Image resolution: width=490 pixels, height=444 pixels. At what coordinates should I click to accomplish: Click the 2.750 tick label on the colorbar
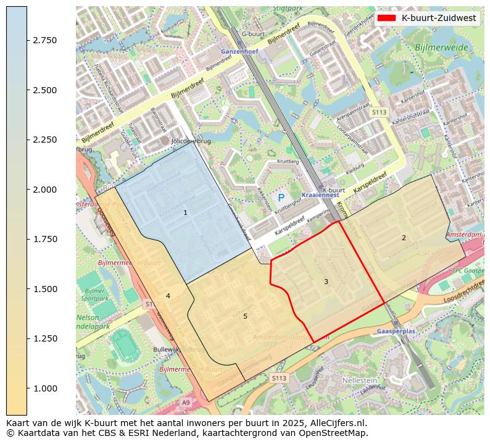45,40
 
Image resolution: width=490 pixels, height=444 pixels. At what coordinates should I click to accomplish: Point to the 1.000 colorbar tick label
45,388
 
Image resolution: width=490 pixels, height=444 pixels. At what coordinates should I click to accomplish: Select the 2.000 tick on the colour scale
45,190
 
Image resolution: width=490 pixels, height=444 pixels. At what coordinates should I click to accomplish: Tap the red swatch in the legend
386,18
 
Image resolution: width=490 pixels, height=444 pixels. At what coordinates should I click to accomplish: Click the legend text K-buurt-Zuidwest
438,18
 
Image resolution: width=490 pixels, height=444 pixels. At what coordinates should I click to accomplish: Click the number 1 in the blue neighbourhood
185,212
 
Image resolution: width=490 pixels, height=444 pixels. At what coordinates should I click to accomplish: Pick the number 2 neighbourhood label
404,238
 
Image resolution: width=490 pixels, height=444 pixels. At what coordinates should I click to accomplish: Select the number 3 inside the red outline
326,282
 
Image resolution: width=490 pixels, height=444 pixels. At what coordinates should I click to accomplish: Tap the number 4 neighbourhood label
168,296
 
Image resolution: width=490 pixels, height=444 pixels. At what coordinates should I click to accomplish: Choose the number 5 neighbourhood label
245,316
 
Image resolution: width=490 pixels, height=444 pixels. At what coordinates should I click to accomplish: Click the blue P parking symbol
281,198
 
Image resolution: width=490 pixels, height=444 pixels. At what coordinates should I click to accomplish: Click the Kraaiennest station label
320,195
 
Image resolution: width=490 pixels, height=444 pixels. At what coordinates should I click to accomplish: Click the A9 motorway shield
186,403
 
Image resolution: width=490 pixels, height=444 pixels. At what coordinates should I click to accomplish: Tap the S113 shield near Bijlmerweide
379,112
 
